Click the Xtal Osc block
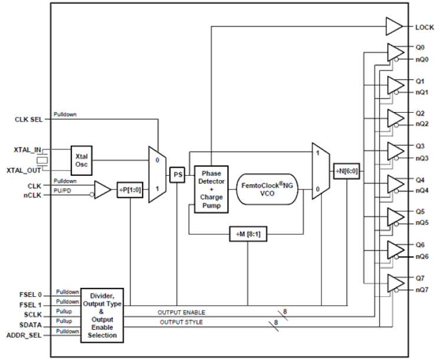[82, 159]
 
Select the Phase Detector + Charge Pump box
[211, 189]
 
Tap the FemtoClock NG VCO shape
[267, 189]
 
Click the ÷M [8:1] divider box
[248, 234]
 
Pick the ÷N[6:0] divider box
[346, 171]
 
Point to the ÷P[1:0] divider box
[130, 190]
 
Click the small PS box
[178, 175]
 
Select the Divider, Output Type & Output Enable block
[102, 315]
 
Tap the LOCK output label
[424, 27]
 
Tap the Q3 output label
[420, 146]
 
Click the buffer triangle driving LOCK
[393, 27]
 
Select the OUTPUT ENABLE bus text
[180, 312]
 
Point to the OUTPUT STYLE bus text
[181, 322]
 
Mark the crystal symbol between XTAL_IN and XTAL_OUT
[42, 160]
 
